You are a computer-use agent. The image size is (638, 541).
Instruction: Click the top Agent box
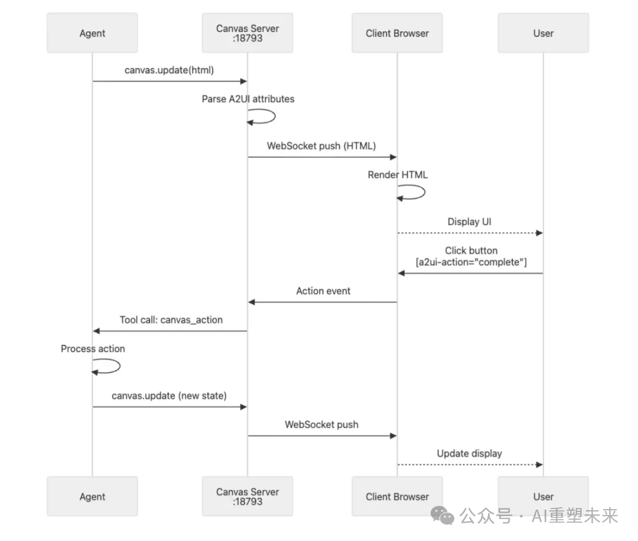pos(92,33)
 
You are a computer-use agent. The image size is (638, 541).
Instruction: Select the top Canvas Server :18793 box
pos(248,33)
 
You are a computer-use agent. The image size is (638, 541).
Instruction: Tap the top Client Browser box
pos(397,33)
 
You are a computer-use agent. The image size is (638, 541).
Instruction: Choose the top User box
pos(543,33)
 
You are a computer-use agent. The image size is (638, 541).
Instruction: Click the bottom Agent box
pos(92,497)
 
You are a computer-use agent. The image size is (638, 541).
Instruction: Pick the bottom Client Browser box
pos(397,497)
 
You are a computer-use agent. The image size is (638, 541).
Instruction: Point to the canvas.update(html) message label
pos(169,70)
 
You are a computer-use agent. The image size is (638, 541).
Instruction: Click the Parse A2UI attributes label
pos(248,99)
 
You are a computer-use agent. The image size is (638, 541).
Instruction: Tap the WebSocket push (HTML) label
pos(321,146)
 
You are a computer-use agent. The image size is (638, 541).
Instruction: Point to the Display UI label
pos(470,222)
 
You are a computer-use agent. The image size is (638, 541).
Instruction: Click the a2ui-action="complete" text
pos(471,262)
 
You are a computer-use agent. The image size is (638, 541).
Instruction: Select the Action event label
pos(323,291)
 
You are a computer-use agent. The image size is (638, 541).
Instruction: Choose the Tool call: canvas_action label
pos(171,320)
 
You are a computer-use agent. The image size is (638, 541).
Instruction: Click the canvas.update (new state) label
pos(169,396)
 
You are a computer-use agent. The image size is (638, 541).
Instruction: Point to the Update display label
pos(470,454)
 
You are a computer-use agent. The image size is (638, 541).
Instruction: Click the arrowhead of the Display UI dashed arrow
pos(539,233)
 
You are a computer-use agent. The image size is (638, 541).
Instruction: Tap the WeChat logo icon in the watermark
pos(442,515)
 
